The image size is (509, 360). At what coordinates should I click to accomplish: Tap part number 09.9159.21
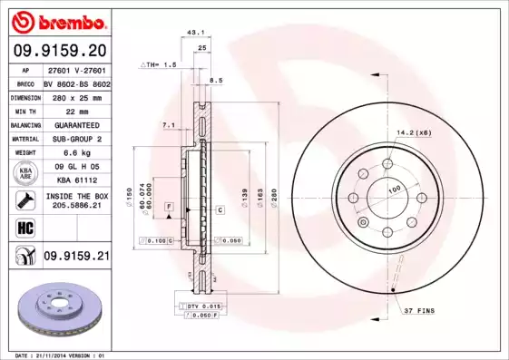click(75, 258)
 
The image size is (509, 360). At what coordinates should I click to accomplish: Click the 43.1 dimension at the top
click(194, 32)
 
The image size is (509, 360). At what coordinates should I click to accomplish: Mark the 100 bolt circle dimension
click(395, 189)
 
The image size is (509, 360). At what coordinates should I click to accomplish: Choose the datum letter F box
click(169, 208)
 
